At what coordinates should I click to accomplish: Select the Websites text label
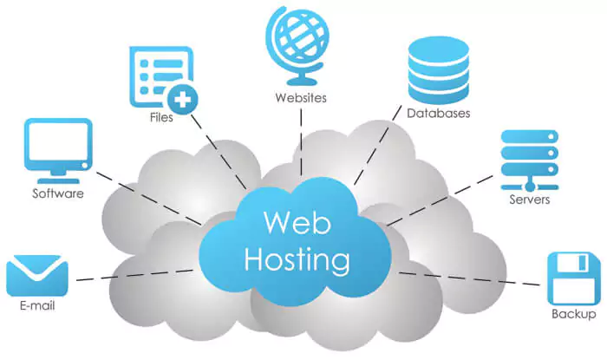300,97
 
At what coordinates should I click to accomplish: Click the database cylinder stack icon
437,65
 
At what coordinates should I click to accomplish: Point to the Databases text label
438,113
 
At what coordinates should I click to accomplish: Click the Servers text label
529,200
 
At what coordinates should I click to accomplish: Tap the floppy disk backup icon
573,276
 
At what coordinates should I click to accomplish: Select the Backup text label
573,313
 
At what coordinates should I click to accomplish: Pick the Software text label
58,193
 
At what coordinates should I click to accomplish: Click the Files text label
161,117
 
